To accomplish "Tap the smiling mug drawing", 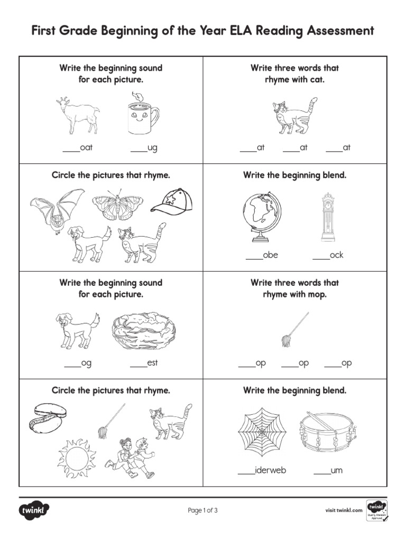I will click(142, 116).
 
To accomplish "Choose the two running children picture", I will click(130, 457).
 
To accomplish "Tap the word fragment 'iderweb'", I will click(270, 470).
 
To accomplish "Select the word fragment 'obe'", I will click(270, 255).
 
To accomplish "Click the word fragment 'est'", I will click(152, 363).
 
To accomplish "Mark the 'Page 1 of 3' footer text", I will click(203, 510).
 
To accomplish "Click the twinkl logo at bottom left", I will click(35, 510).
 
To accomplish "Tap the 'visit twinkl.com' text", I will click(344, 510).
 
